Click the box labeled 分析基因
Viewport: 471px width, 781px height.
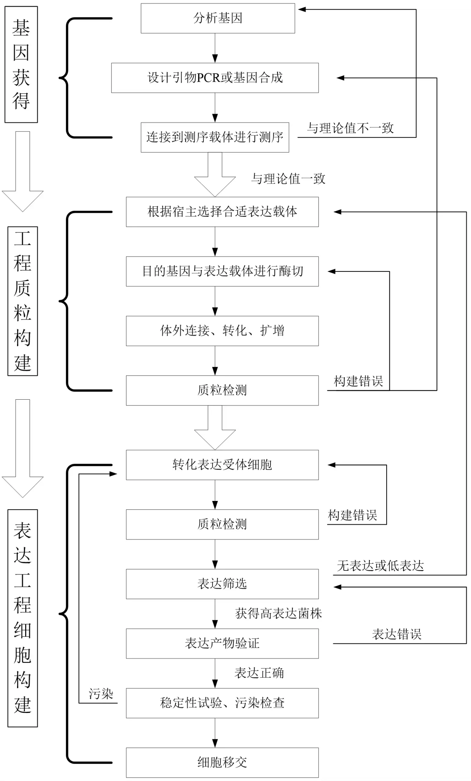pyautogui.click(x=218, y=18)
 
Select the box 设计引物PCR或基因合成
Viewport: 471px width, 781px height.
pyautogui.click(x=214, y=78)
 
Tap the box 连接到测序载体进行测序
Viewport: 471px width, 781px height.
pyautogui.click(x=214, y=137)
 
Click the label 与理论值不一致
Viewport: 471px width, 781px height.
pyautogui.click(x=350, y=128)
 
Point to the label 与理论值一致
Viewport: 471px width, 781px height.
pyautogui.click(x=288, y=179)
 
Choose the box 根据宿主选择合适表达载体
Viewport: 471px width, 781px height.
pyautogui.click(x=222, y=212)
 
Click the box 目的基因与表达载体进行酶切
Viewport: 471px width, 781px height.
pyautogui.click(x=222, y=271)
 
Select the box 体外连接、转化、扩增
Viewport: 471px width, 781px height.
pyautogui.click(x=222, y=331)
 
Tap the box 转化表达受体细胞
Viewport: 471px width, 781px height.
pyautogui.click(x=222, y=465)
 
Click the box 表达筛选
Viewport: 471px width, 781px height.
pyautogui.click(x=222, y=584)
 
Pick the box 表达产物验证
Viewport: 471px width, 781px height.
pyautogui.click(x=222, y=643)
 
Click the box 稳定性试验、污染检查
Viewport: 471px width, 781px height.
pyautogui.click(x=222, y=703)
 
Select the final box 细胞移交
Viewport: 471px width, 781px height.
pyautogui.click(x=222, y=763)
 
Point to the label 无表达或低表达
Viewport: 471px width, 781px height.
pyautogui.click(x=380, y=566)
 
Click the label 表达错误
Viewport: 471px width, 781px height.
pyautogui.click(x=396, y=634)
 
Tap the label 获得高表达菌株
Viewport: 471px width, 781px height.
pyautogui.click(x=278, y=614)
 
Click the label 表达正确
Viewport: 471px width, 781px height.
pyautogui.click(x=259, y=673)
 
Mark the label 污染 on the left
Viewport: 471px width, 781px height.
pyautogui.click(x=101, y=694)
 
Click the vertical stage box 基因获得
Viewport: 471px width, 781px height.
pyautogui.click(x=21, y=64)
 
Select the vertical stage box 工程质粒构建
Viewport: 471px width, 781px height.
pyautogui.click(x=23, y=301)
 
